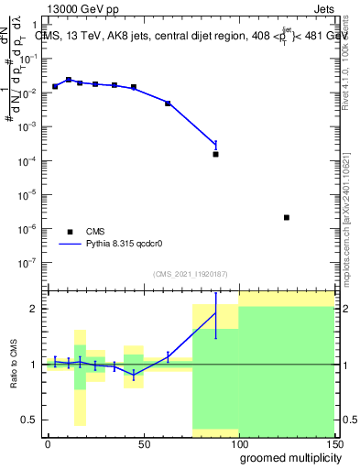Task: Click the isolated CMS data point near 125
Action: (288, 217)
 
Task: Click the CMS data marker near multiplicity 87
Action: (216, 154)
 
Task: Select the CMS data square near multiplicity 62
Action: (168, 104)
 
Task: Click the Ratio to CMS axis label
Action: (14, 364)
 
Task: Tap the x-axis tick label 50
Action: (143, 443)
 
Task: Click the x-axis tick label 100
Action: (238, 443)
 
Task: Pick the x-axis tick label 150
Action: (333, 443)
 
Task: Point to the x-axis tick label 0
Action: (48, 443)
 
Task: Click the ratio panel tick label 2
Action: (34, 309)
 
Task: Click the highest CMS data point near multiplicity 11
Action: (69, 80)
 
